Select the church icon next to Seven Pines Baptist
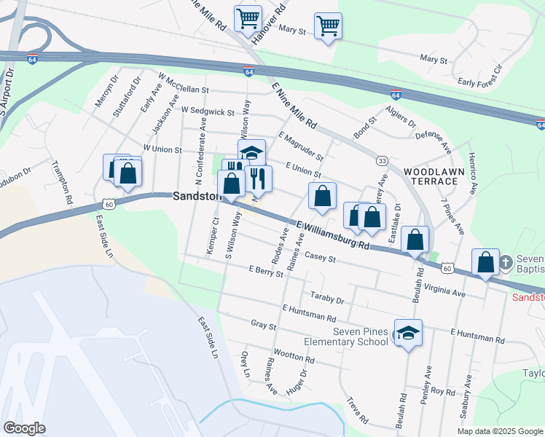point(486,263)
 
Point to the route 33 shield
point(381,160)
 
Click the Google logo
point(24,428)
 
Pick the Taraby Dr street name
point(326,299)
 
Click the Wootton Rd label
point(294,358)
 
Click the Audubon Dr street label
point(15,178)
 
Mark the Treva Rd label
point(358,412)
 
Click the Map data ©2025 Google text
point(499,431)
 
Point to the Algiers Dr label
point(401,123)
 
